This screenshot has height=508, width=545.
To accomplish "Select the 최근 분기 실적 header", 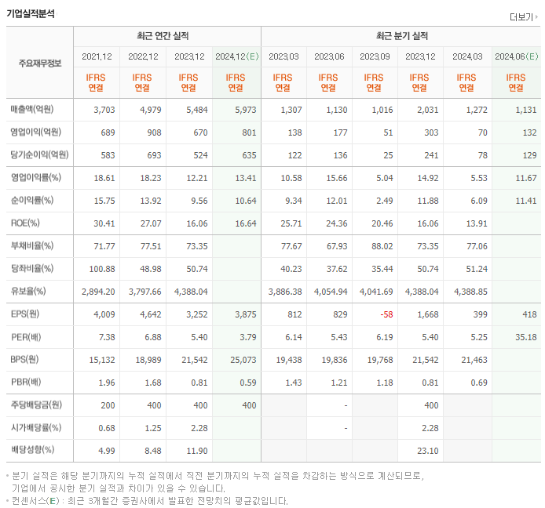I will tap(402, 36).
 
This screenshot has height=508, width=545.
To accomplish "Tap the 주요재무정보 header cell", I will tap(40, 63).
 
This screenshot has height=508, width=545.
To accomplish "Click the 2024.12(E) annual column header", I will tap(236, 56).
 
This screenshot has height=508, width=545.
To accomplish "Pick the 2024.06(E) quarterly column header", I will tap(516, 56).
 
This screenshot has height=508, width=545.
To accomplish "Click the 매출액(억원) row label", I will tap(36, 110).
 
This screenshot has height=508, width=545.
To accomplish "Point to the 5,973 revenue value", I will tap(245, 110).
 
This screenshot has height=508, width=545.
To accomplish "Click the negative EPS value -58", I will tap(386, 314).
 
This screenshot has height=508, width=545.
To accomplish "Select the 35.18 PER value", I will tap(526, 337).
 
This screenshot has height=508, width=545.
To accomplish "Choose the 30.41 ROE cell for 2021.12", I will tap(104, 223).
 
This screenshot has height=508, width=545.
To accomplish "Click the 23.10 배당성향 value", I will tap(427, 451).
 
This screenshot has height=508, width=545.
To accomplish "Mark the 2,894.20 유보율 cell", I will tap(98, 292).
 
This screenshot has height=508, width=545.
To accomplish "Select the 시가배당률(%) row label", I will tap(37, 428).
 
